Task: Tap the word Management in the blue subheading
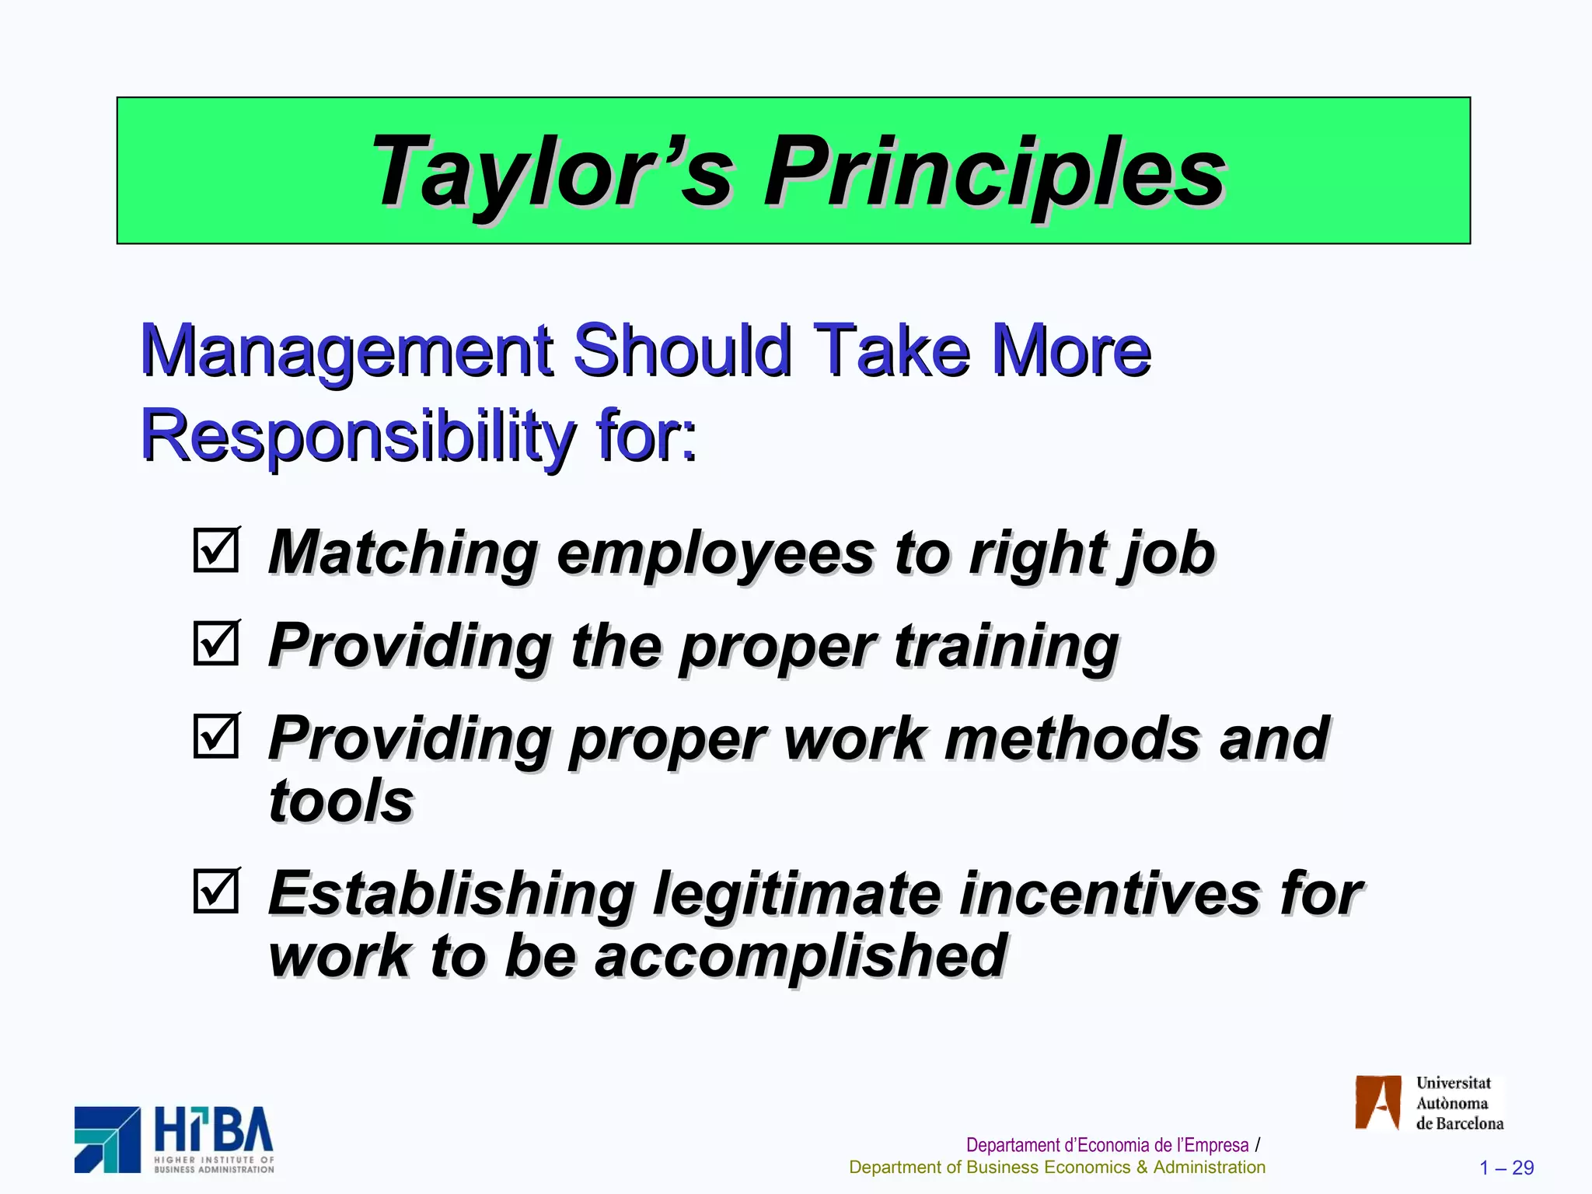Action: click(347, 351)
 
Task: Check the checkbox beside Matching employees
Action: click(216, 550)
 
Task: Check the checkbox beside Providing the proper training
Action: click(216, 643)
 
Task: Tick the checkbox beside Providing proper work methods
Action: click(216, 735)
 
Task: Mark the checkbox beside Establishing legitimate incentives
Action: click(216, 890)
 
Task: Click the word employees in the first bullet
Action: click(716, 553)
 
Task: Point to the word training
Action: click(1006, 647)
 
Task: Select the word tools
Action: click(340, 801)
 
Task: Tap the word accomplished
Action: click(801, 956)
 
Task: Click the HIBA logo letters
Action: click(214, 1130)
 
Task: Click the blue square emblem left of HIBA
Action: click(107, 1140)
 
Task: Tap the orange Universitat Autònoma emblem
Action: click(1377, 1102)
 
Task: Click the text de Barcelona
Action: click(1459, 1123)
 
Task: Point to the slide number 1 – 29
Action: click(1506, 1168)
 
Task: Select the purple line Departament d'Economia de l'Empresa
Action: click(1107, 1145)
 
